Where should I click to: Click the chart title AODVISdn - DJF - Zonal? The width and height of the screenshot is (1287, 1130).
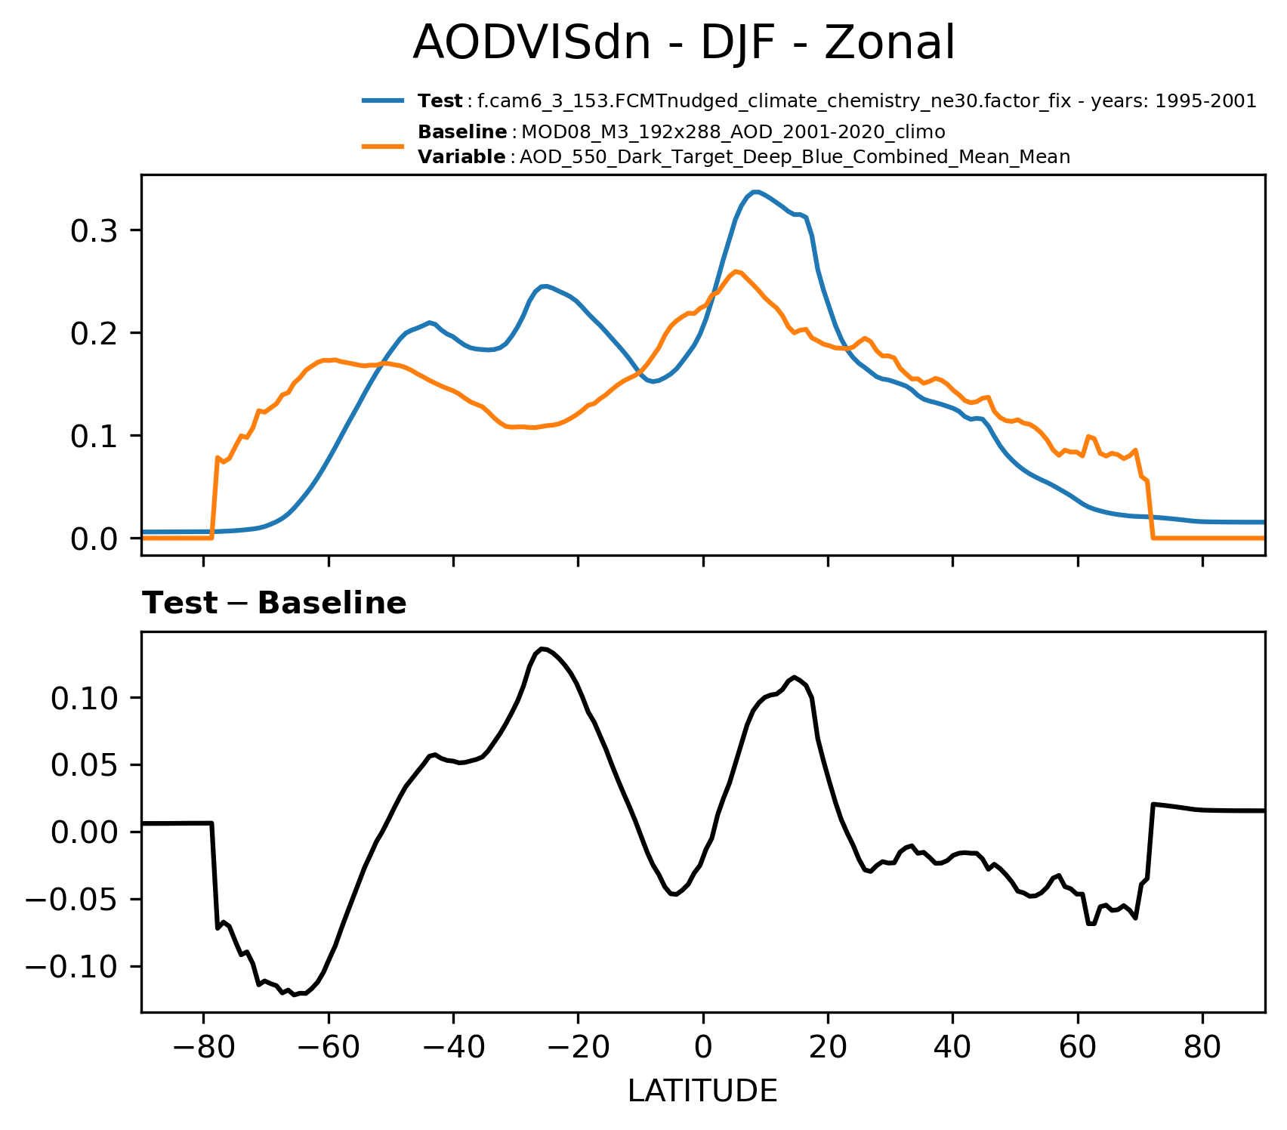pyautogui.click(x=684, y=43)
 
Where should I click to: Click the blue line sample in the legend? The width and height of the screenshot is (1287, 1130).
pyautogui.click(x=384, y=100)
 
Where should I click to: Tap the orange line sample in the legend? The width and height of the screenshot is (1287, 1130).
pyautogui.click(x=384, y=144)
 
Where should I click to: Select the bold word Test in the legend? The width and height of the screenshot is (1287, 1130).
pyautogui.click(x=440, y=101)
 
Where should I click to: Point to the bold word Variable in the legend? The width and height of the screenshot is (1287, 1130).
pyautogui.click(x=461, y=157)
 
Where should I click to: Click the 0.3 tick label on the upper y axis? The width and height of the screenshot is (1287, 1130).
pyautogui.click(x=94, y=230)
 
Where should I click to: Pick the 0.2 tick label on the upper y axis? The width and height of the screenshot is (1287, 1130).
pyautogui.click(x=94, y=333)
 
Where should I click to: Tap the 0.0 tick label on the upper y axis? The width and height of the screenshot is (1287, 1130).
pyautogui.click(x=94, y=539)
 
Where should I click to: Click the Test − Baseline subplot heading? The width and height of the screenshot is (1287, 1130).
pyautogui.click(x=274, y=604)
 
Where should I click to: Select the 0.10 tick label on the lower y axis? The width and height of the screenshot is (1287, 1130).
pyautogui.click(x=84, y=698)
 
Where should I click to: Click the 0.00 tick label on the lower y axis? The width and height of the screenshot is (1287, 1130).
pyautogui.click(x=84, y=832)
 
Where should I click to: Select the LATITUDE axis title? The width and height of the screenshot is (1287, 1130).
pyautogui.click(x=702, y=1091)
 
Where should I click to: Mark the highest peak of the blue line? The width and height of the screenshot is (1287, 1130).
pyautogui.click(x=755, y=192)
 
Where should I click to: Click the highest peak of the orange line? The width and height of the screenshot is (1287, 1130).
pyautogui.click(x=736, y=271)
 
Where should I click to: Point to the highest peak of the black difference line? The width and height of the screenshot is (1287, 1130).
pyautogui.click(x=542, y=649)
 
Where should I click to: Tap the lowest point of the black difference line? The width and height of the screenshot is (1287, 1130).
pyautogui.click(x=295, y=995)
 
